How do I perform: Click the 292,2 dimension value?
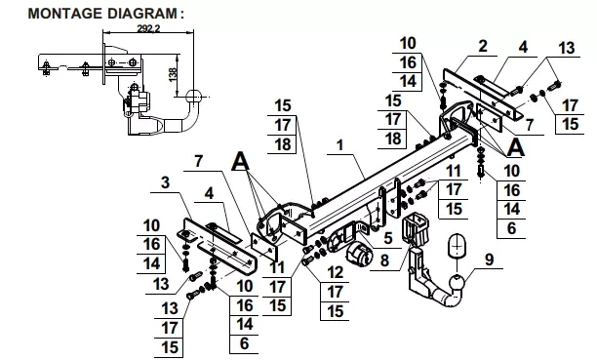pos(148,28)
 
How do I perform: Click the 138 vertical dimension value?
pos(173,75)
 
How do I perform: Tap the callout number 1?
pos(340,145)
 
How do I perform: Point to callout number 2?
pos(483,46)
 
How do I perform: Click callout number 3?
pos(165,182)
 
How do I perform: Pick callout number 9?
pos(490,260)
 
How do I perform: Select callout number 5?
pos(388,238)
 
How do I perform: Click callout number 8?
pos(385,260)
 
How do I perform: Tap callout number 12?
pos(335,272)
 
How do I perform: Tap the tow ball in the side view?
pos(194,98)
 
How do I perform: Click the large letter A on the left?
pos(240,161)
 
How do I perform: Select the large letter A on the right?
pos(515,147)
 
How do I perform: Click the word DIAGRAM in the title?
pos(141,14)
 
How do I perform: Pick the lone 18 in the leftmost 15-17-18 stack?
pos(283,144)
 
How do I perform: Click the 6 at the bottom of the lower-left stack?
pos(244,344)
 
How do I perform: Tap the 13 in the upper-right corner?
pos(567,49)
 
